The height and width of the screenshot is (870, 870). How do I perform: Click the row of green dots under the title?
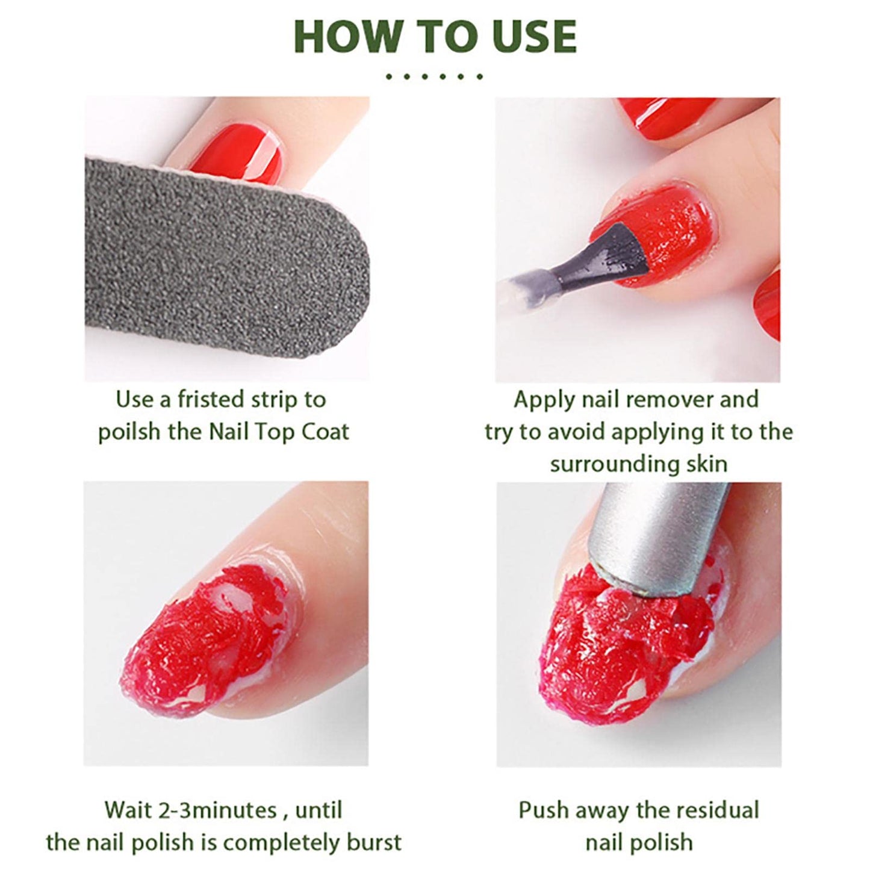pos(434,76)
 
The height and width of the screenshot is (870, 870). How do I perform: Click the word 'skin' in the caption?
pos(707,464)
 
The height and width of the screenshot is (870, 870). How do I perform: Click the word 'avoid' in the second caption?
pos(557,432)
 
